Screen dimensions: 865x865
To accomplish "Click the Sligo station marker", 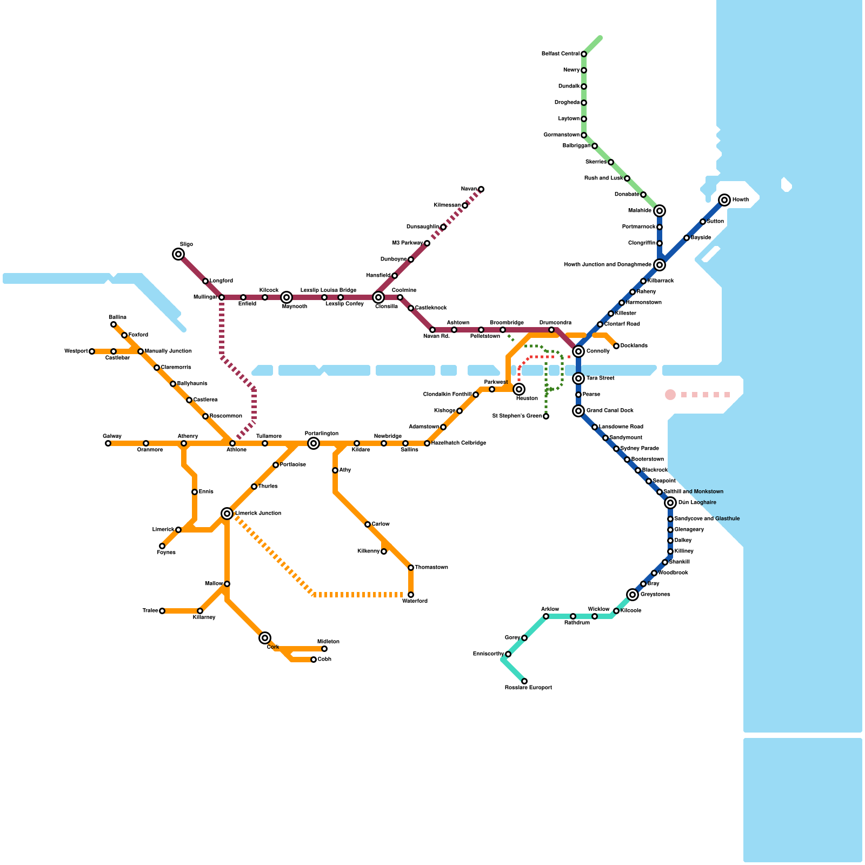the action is [178, 254].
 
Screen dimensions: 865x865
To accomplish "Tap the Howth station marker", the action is [724, 200].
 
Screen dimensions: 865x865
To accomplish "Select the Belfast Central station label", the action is [561, 54].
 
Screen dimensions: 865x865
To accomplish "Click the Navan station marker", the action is [481, 189].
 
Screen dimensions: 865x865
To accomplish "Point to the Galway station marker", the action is [108, 443].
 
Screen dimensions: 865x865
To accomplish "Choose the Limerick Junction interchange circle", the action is [227, 514].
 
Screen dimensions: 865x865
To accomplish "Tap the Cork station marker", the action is [265, 638].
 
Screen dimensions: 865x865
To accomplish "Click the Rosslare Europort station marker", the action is [524, 681].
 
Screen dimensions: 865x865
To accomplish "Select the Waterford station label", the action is [415, 601].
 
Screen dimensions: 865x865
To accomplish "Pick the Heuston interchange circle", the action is [519, 389].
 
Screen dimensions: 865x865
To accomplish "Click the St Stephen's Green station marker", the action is [546, 416].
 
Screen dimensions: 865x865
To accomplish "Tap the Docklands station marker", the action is [616, 346].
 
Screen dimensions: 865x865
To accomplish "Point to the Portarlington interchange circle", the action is [314, 443].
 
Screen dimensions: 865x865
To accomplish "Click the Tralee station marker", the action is [162, 611].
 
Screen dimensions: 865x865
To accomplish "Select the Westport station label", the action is [76, 351].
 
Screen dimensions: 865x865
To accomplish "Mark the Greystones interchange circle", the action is [633, 595].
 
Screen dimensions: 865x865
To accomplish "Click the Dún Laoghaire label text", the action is [697, 503].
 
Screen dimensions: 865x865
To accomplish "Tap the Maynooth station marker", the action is [287, 297].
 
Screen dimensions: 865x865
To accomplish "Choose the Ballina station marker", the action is [114, 324].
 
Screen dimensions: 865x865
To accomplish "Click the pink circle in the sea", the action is [670, 395].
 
